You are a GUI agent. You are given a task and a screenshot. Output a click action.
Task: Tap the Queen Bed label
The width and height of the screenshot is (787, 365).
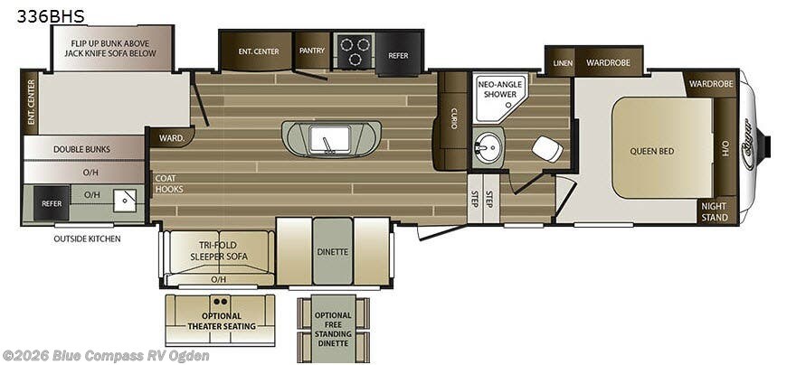[x=652, y=151]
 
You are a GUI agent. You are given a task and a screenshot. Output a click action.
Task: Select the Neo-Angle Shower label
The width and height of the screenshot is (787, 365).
[x=498, y=89]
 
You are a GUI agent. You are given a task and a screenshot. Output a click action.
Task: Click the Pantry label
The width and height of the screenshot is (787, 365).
[x=312, y=51]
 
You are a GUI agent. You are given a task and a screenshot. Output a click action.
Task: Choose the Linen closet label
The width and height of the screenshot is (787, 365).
[x=563, y=63]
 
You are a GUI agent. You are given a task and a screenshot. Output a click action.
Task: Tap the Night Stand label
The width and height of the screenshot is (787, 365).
[x=714, y=211]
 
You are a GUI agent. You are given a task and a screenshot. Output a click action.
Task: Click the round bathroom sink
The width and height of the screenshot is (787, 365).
[x=489, y=146]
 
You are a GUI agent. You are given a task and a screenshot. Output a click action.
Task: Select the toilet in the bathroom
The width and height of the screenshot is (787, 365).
[x=545, y=147]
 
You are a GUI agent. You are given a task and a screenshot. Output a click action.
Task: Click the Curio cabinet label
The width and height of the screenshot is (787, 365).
[x=453, y=118]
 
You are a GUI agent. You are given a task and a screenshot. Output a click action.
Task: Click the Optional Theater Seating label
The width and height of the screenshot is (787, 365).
[x=220, y=320]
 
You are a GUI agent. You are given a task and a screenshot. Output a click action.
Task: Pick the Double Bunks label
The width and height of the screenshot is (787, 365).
[x=81, y=149]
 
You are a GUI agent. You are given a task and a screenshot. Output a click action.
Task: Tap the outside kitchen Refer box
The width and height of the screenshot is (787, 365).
[x=52, y=203]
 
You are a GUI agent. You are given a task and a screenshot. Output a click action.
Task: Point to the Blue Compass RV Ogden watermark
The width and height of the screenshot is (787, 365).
[x=106, y=356]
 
